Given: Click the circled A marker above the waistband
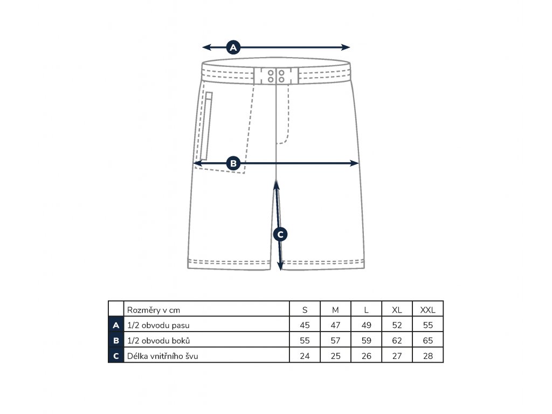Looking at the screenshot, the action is (233, 47).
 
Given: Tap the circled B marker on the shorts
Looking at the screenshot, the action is (233, 163).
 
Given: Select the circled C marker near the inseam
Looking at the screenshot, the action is (280, 234).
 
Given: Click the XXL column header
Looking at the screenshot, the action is (427, 310).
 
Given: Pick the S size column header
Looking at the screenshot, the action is (305, 310).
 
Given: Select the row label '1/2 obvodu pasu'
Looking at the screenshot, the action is (158, 325).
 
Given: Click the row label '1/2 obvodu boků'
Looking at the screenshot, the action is (158, 341).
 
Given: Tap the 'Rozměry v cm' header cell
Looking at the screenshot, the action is (153, 310).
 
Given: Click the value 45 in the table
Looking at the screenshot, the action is (305, 325).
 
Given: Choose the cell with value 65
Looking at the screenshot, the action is (427, 341).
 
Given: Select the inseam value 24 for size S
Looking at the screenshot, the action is (305, 356).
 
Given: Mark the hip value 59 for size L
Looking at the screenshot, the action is (367, 341).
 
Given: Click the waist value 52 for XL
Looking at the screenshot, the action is (397, 325).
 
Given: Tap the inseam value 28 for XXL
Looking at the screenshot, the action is (427, 356).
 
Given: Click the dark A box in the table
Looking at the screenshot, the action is (115, 325).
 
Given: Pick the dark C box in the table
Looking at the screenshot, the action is (115, 356).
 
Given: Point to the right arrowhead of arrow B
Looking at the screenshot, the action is (356, 163).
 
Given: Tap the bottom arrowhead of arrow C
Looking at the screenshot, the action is (281, 266).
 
